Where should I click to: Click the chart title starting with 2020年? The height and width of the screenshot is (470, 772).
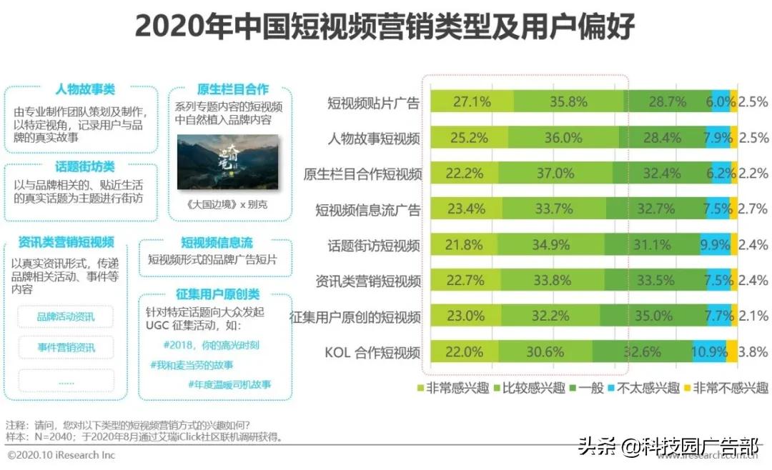[x=385, y=28]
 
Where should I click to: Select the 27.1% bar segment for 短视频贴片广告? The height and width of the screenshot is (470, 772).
[x=471, y=102]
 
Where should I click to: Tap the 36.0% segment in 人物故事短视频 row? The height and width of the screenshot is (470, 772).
[x=563, y=138]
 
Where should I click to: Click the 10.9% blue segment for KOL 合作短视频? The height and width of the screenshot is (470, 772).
[x=710, y=351]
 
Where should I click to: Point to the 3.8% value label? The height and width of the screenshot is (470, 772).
[x=753, y=351]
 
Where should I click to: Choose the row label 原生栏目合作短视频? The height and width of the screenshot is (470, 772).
[x=362, y=174]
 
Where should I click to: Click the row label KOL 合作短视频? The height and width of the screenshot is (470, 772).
[x=372, y=351]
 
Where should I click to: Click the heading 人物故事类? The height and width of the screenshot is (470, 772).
[x=85, y=90]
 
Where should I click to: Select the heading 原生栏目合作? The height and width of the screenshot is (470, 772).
[x=232, y=89]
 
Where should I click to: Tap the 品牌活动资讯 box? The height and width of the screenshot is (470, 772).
[x=66, y=316]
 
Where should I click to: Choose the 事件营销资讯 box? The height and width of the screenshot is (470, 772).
[x=66, y=348]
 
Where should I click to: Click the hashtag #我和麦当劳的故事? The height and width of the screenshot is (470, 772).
[x=192, y=364]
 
